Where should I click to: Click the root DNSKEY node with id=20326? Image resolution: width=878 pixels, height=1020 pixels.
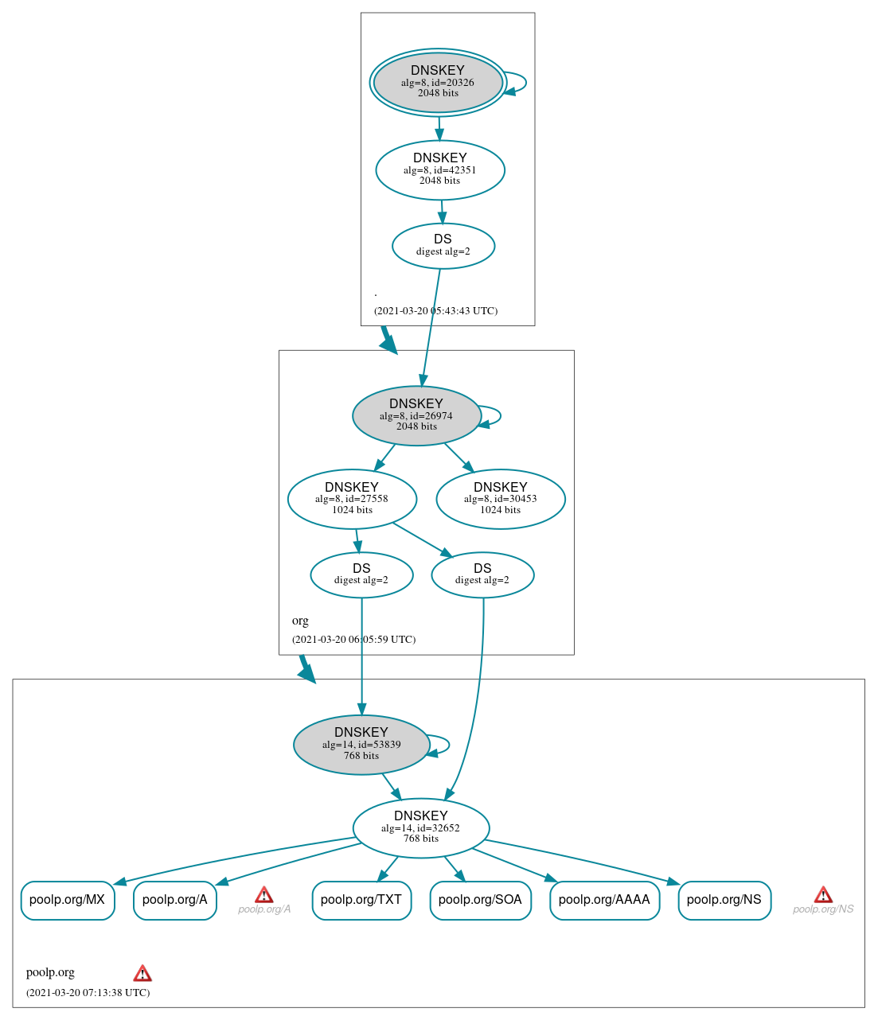(438, 82)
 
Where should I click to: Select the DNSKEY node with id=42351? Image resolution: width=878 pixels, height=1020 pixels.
(440, 169)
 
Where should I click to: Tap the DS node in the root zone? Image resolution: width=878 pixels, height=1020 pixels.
(443, 246)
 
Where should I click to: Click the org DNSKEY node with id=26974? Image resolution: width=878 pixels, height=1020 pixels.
(416, 415)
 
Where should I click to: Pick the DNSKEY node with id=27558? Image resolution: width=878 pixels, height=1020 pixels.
(352, 499)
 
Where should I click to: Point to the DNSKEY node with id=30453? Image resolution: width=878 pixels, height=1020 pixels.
(501, 499)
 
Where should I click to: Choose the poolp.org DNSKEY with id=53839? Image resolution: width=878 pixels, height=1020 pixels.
(361, 745)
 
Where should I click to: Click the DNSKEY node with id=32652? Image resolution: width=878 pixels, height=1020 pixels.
(421, 828)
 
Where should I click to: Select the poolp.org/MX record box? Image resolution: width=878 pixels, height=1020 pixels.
(68, 900)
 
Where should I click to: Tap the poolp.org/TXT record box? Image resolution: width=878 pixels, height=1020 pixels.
(361, 900)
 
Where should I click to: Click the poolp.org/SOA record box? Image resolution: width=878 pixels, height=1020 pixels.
(480, 900)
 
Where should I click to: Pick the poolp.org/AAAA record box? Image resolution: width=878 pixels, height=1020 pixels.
(604, 900)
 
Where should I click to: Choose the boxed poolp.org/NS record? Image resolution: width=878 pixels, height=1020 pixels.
(724, 900)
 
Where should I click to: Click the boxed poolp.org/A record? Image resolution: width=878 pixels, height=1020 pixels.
(175, 900)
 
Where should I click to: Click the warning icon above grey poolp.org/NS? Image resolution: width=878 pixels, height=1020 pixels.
(823, 895)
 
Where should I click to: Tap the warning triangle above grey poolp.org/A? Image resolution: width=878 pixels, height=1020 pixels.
(264, 895)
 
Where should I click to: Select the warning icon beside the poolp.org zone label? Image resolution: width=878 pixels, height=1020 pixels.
(142, 973)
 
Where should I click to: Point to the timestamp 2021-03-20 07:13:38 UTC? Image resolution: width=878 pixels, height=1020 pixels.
(88, 992)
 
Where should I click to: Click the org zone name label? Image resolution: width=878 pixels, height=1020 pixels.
(300, 621)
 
